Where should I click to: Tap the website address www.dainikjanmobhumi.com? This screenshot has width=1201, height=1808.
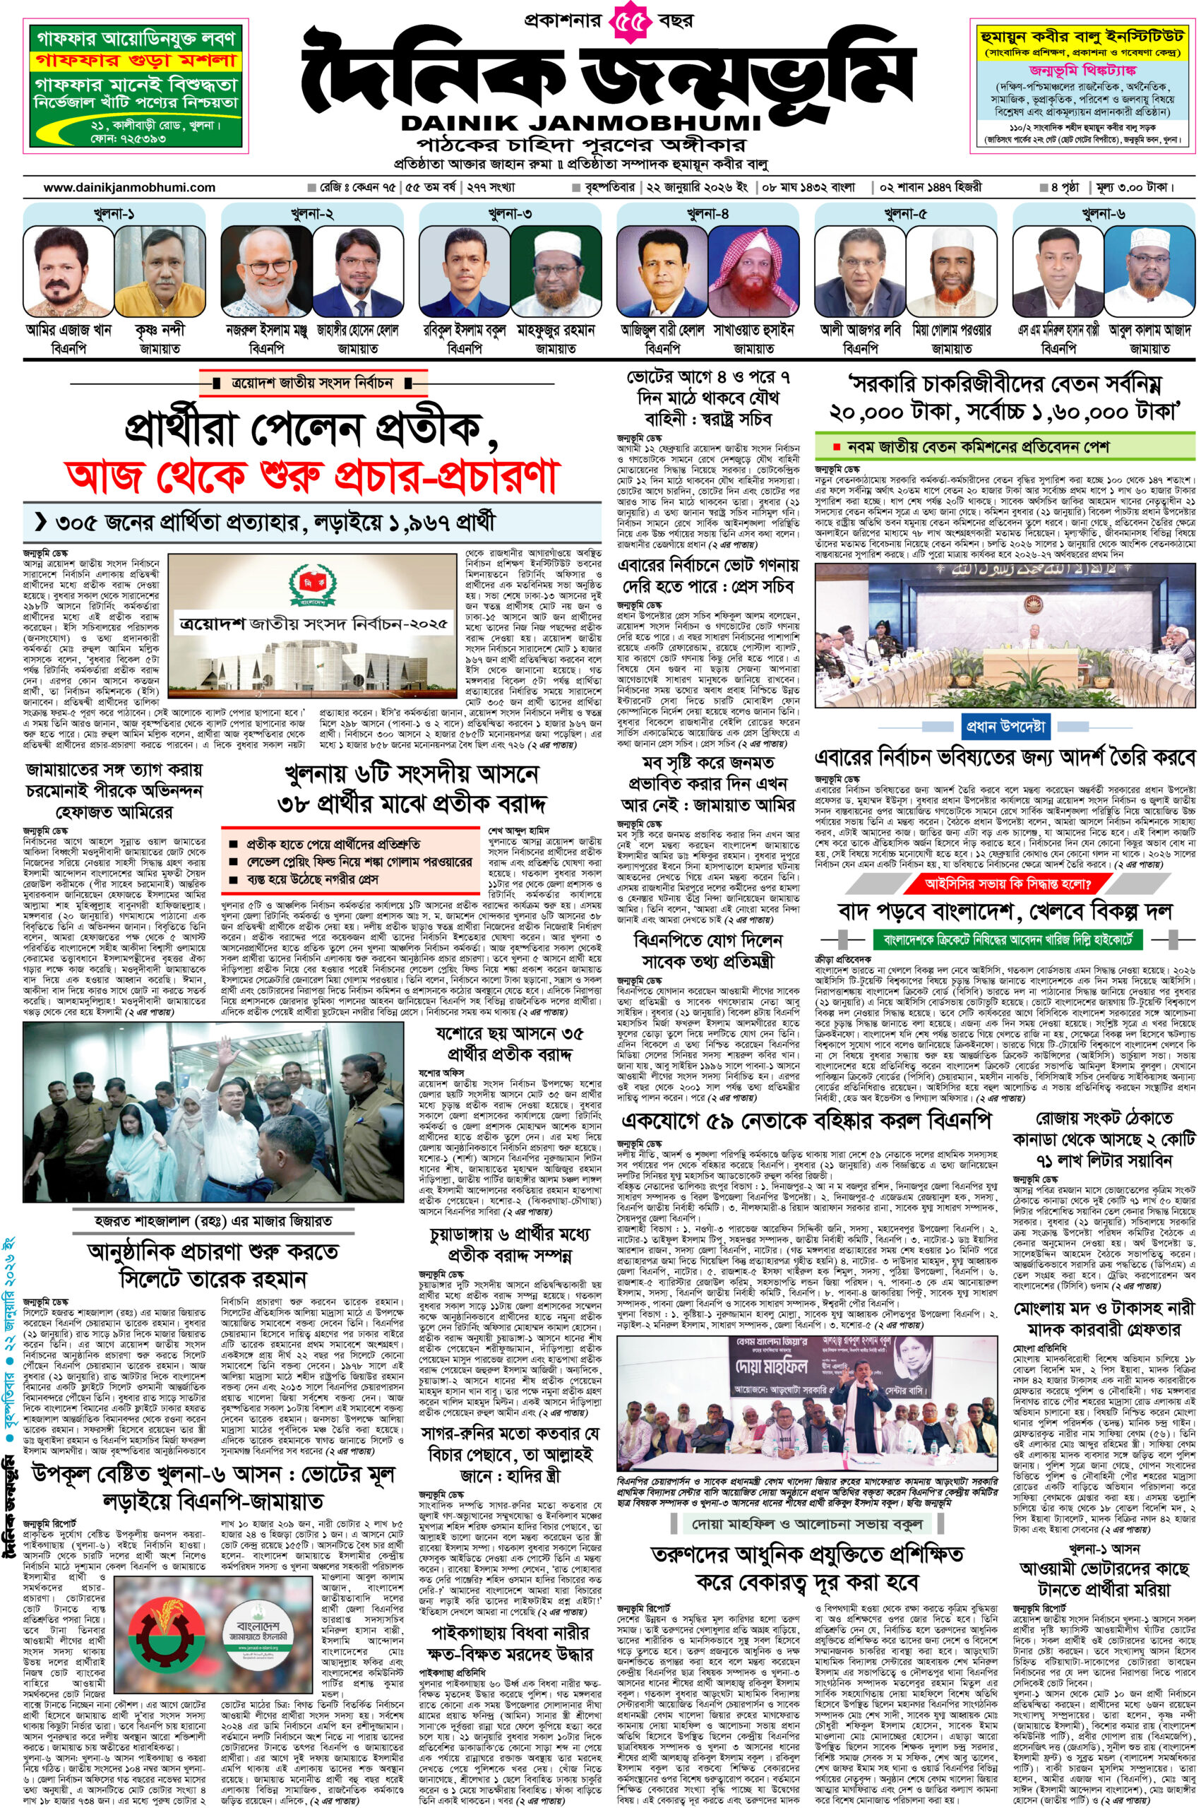pyautogui.click(x=129, y=187)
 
